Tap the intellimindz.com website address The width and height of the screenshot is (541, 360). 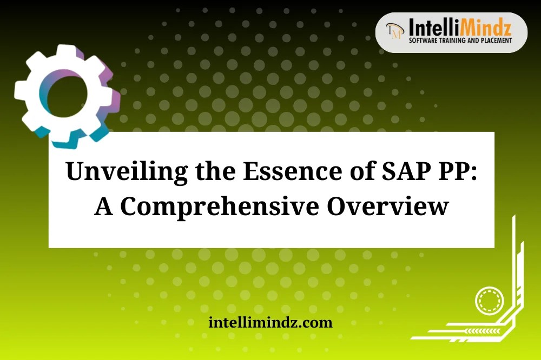point(270,323)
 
